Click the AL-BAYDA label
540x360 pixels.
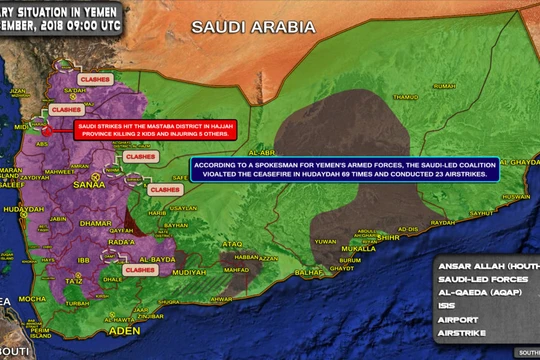pos(157,258)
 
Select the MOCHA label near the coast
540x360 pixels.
pos(34,298)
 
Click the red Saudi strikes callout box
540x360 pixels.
pos(157,130)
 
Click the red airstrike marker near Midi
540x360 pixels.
pos(45,128)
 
